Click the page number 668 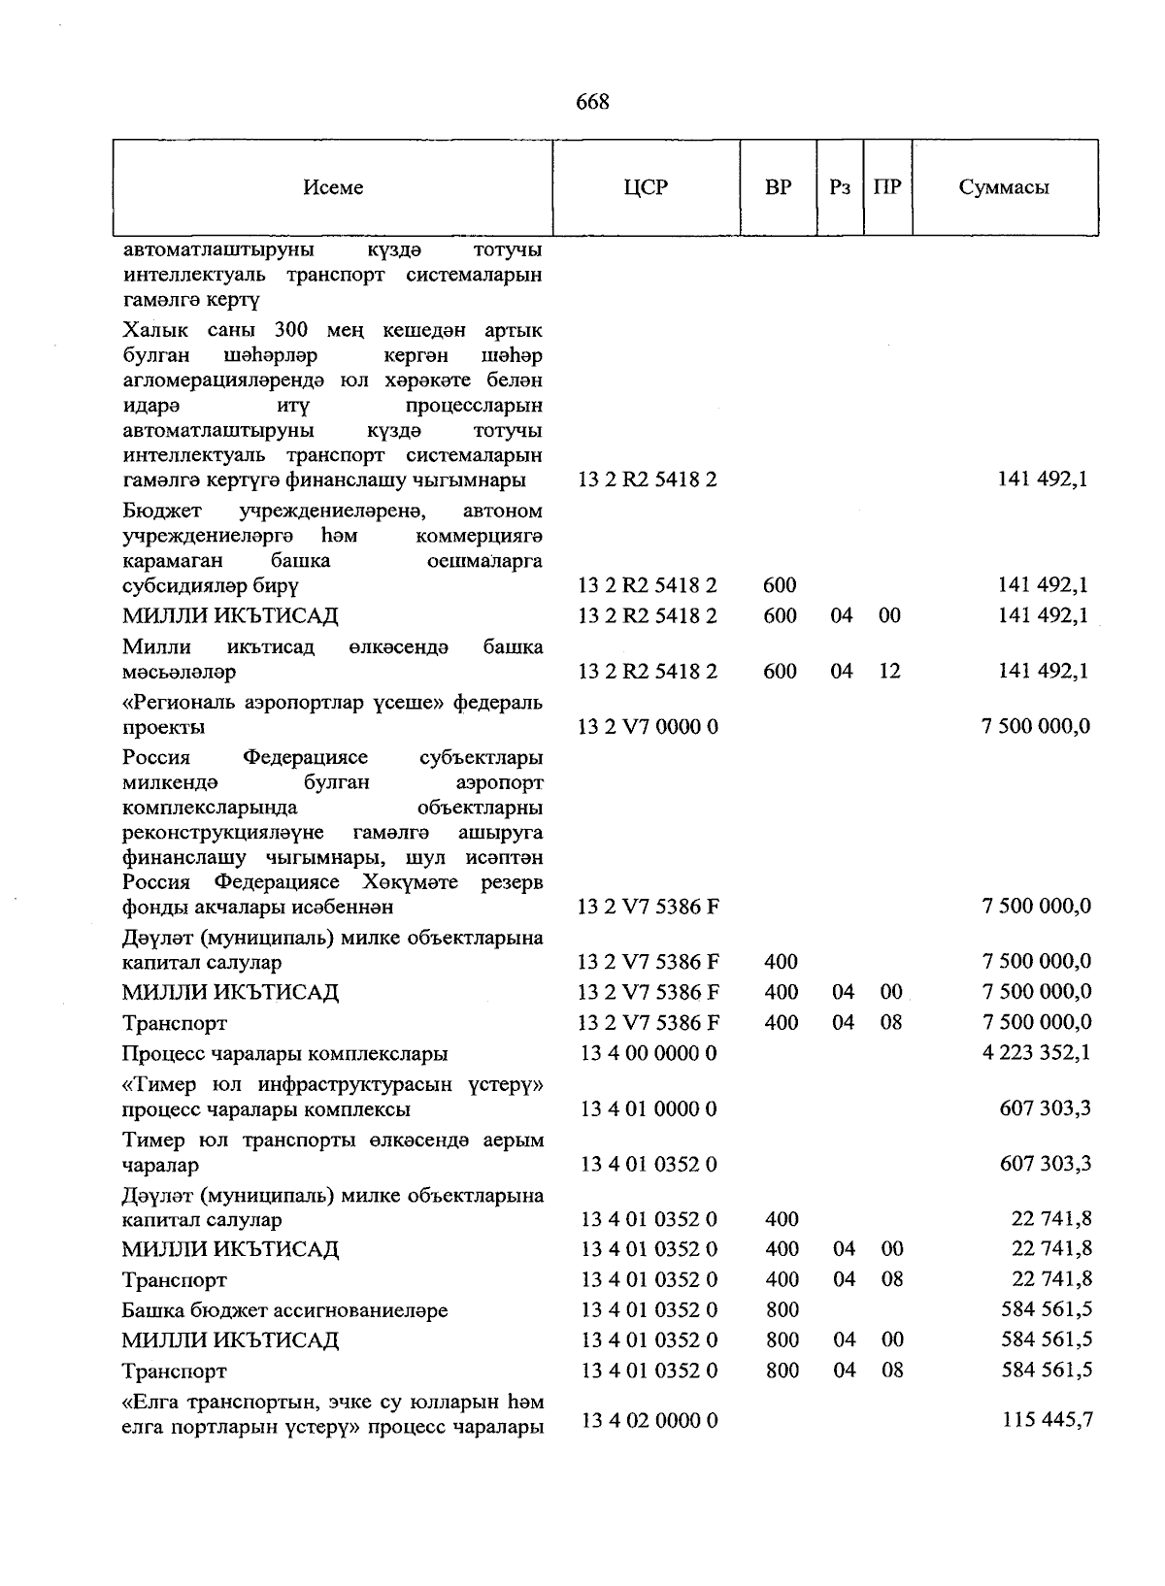tap(592, 102)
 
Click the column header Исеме tap(333, 187)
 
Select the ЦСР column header tap(646, 187)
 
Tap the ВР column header tap(778, 187)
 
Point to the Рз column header tap(840, 187)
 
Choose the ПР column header tap(887, 187)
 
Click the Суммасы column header tap(1004, 187)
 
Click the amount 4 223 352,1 tap(1036, 1052)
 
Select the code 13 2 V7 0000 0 tap(648, 726)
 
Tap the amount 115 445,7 tap(1047, 1419)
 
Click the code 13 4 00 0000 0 tap(648, 1052)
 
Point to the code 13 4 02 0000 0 tap(648, 1420)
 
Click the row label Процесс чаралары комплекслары tap(284, 1053)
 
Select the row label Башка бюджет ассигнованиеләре tap(284, 1310)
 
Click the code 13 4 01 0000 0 tap(648, 1108)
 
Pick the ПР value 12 tap(889, 671)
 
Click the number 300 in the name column tap(291, 330)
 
